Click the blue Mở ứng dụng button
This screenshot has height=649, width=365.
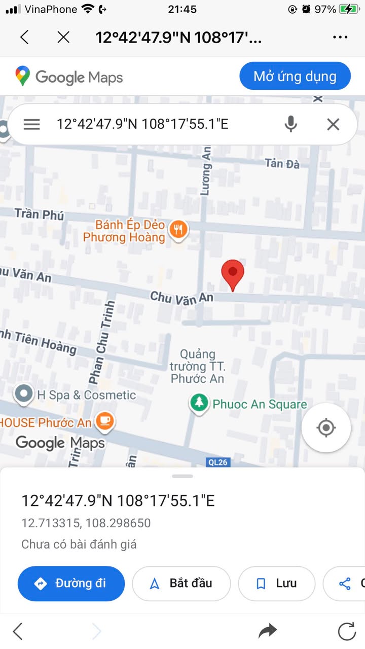pos(295,77)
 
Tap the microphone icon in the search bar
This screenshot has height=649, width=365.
pos(290,124)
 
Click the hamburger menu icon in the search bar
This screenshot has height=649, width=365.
pos(31,124)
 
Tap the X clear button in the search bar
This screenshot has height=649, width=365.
pos(333,124)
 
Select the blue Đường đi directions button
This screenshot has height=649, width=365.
pos(71,584)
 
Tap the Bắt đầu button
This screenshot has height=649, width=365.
pos(181,584)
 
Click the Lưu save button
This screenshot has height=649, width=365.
pos(277,584)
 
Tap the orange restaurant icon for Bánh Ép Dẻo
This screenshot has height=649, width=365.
pos(178,230)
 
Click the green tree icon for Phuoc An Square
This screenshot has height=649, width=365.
pos(199,404)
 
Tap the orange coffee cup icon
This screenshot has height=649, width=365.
pos(105,421)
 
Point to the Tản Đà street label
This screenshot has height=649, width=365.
pos(282,163)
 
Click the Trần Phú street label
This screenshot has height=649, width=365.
pos(40,213)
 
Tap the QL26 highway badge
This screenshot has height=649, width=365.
pos(217,462)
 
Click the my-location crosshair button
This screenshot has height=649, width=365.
pos(326,428)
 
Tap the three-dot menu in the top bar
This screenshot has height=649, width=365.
pos(340,37)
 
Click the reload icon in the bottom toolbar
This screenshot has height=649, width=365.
pos(347,631)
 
